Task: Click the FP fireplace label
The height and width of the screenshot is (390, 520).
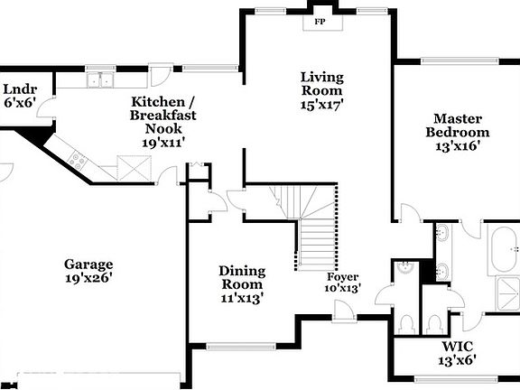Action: pyautogui.click(x=320, y=21)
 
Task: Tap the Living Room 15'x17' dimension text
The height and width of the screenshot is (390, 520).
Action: pyautogui.click(x=322, y=105)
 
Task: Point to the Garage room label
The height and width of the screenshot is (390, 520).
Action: pyautogui.click(x=88, y=265)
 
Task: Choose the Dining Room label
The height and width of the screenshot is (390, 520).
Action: pyautogui.click(x=242, y=278)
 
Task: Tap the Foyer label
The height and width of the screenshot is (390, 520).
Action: pyautogui.click(x=343, y=276)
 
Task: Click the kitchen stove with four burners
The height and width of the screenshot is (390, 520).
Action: pyautogui.click(x=77, y=162)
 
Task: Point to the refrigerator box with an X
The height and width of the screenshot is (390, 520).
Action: pyautogui.click(x=134, y=167)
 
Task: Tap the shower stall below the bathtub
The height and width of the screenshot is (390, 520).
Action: pyautogui.click(x=503, y=296)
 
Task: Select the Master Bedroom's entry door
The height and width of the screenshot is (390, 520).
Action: pyautogui.click(x=408, y=213)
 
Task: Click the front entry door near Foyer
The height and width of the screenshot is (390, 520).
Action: pyautogui.click(x=342, y=311)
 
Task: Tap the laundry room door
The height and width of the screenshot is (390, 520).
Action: pyautogui.click(x=50, y=116)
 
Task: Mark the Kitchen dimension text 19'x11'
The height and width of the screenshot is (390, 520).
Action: pyautogui.click(x=162, y=143)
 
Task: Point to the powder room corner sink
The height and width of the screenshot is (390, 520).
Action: pyautogui.click(x=407, y=268)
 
